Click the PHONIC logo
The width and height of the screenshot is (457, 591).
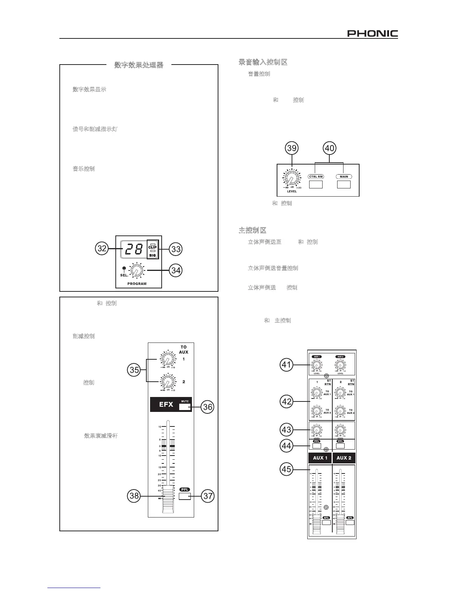tap(372, 34)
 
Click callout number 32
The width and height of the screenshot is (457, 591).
tap(102, 249)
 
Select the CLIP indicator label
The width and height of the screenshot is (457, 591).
tap(152, 247)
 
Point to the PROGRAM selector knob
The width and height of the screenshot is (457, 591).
tap(136, 270)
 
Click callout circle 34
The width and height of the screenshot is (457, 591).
tap(176, 270)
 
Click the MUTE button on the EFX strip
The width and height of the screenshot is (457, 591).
tap(184, 407)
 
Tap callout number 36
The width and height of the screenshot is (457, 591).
tap(208, 407)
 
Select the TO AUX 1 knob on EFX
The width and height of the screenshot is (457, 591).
tap(167, 360)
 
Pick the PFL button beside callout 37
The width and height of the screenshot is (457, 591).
tap(185, 496)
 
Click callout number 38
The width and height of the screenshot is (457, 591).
tap(134, 496)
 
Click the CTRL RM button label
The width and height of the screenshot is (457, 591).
tap(316, 176)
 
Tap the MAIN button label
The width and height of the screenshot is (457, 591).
tap(344, 176)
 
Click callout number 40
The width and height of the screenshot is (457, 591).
tap(329, 148)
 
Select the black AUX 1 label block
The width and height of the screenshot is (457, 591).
tap(320, 458)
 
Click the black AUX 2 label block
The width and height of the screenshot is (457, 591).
tap(344, 458)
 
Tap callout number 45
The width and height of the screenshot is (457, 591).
tap(286, 469)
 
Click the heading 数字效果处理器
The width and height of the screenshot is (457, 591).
tap(139, 65)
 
